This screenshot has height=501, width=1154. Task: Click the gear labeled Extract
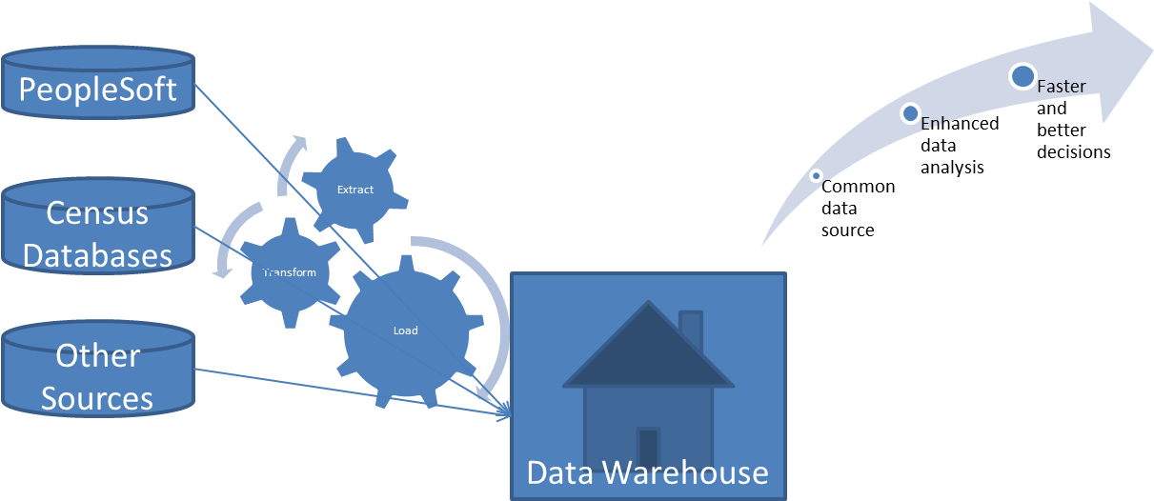(354, 189)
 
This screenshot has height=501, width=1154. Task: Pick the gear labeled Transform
(288, 272)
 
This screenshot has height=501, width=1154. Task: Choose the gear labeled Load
(405, 331)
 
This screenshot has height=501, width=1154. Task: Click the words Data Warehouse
(647, 472)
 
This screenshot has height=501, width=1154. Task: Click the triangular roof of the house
(648, 352)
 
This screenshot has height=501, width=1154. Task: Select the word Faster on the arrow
(1061, 87)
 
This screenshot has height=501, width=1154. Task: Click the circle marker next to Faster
(1022, 76)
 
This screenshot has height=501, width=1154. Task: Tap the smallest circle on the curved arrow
(816, 175)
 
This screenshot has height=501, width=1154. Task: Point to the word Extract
(354, 189)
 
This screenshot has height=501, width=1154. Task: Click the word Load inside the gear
(405, 331)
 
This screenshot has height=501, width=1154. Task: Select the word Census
(98, 212)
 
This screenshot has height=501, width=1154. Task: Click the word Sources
(98, 398)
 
